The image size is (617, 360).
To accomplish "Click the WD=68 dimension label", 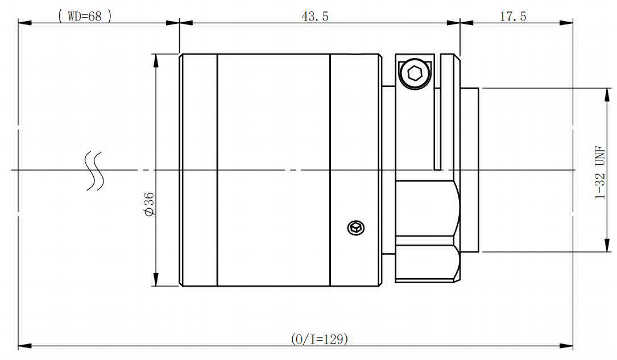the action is pos(85,16).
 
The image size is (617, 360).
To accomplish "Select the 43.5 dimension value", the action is pos(315,16).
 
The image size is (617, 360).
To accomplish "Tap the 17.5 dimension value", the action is pos(513,16).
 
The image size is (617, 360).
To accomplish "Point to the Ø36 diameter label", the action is pos(149,204).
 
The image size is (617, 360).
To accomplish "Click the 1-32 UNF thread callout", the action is pos(600,172).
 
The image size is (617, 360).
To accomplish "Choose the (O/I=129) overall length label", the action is pos(320,339).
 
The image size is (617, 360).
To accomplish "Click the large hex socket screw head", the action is pos(415,73).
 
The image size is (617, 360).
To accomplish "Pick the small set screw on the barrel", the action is pos(356,227).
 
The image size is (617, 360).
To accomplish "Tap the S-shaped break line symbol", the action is pos(95,171).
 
